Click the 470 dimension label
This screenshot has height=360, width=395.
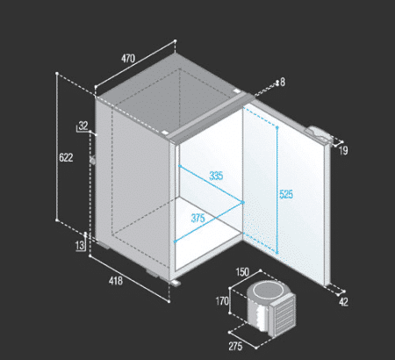point(128,59)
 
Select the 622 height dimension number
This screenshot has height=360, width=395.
point(66,157)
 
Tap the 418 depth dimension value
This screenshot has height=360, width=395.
point(116,281)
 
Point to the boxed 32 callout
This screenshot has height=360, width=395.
point(83,126)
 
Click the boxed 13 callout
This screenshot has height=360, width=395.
point(80,245)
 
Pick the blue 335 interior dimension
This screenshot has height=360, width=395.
point(216,176)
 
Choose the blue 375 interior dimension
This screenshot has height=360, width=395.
point(197,218)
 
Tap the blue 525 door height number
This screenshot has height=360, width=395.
point(286,194)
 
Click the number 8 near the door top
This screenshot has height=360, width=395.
point(283,83)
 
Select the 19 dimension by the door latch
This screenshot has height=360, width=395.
point(343,151)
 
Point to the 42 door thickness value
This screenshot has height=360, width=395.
point(343,302)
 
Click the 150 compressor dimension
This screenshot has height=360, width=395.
point(242,272)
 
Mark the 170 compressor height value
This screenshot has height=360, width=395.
point(222,301)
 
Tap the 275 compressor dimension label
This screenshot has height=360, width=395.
point(235,347)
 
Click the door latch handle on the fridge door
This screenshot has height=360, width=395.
point(319,133)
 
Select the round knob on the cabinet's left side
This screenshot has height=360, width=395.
point(93,161)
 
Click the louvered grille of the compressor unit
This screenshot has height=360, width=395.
point(283,316)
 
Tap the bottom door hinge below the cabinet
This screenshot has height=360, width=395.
point(176,283)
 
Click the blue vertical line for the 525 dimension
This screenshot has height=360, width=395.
point(277,191)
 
